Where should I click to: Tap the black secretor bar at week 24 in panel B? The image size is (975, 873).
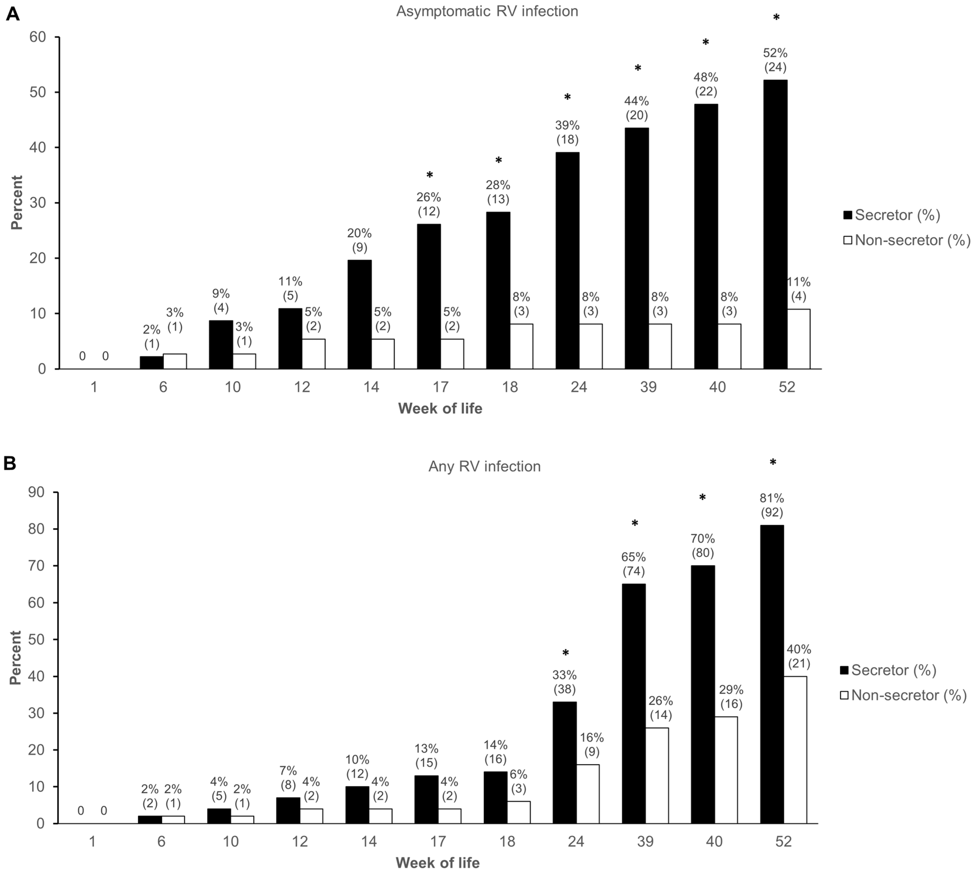564,763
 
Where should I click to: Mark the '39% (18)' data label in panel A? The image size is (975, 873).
567,132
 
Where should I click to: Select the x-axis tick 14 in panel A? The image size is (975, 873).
371,386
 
